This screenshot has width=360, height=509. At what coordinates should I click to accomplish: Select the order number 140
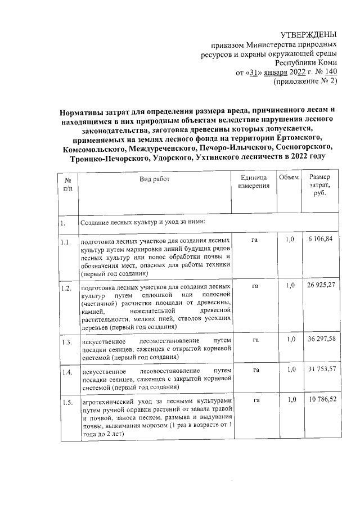point(331,72)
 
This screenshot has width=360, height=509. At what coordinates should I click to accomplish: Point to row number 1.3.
point(67,341)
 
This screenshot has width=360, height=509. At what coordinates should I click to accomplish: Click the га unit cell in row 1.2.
point(255,286)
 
